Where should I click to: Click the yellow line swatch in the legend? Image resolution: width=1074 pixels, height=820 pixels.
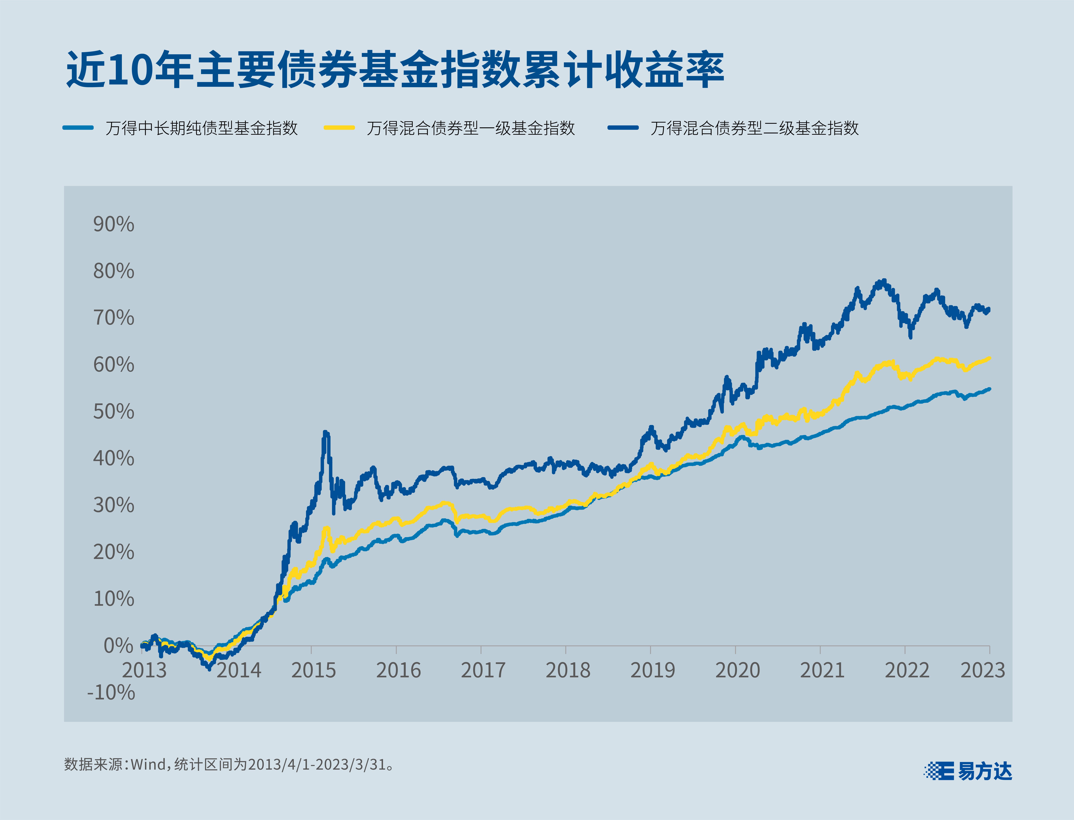pyautogui.click(x=339, y=128)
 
